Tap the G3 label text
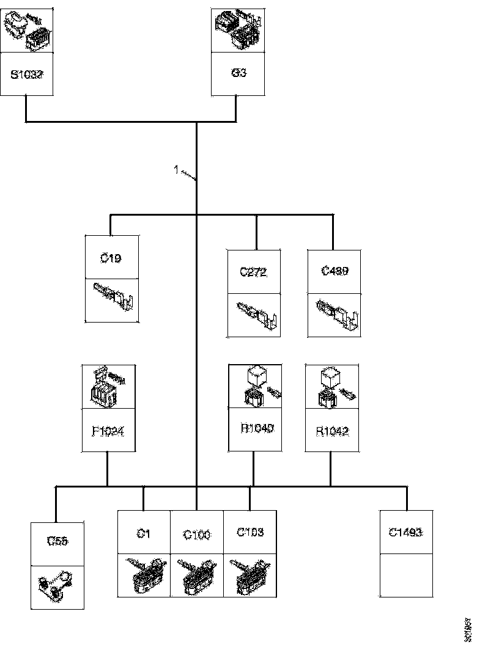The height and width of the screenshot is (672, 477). pos(239,73)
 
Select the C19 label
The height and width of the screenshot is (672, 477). pos(111,258)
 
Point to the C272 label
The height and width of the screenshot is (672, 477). pos(253,272)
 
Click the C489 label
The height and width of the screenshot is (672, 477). pos(334,271)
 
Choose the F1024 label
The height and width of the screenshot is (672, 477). pos(108,430)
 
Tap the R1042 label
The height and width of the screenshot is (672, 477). pos(332,431)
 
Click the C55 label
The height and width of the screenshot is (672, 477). pos(57,541)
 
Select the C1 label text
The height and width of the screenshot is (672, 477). pos(144,533)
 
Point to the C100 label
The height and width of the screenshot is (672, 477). pos(197,535)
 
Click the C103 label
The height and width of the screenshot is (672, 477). pos(250,532)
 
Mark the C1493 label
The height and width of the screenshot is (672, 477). pos(406,532)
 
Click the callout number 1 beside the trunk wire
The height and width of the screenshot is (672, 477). pos(176,170)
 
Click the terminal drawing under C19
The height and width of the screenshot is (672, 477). pos(112,300)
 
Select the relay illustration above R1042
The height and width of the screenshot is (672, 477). pos(332,388)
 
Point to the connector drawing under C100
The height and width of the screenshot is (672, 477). pos(197,575)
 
